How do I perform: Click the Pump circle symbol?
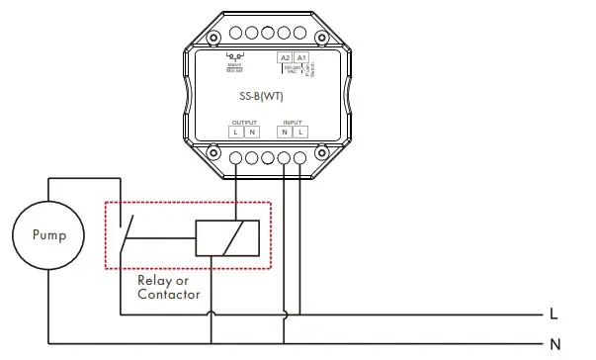click(48, 236)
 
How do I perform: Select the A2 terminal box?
click(285, 58)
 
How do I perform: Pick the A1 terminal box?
click(301, 58)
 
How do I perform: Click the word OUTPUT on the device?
click(244, 122)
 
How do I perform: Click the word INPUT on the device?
click(293, 122)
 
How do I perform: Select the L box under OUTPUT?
click(237, 132)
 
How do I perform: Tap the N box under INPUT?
click(285, 132)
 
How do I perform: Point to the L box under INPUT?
click(299, 132)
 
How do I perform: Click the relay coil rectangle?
click(227, 238)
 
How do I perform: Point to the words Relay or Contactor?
click(168, 288)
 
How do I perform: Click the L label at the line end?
click(554, 315)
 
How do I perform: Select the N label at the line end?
click(554, 344)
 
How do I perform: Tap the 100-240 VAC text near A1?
click(303, 71)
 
